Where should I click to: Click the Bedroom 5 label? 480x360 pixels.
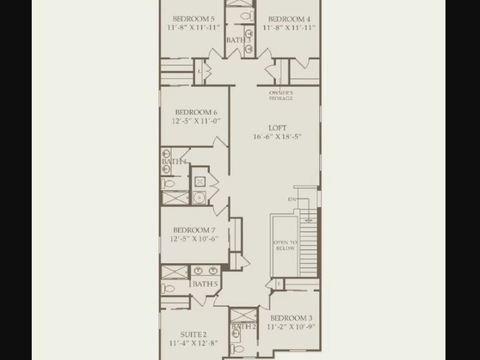[x=193, y=19]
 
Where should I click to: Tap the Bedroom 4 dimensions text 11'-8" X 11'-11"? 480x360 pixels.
[x=289, y=28]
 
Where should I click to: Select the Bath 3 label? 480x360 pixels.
[x=238, y=40]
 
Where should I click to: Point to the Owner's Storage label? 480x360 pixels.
[x=281, y=95]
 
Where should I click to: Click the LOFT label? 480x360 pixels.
[x=278, y=128]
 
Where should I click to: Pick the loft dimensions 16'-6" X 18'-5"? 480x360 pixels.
[x=277, y=137]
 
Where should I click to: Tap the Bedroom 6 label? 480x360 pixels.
[x=196, y=112]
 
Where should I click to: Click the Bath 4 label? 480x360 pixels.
[x=174, y=161]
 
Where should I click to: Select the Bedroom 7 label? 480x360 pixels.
[x=194, y=230]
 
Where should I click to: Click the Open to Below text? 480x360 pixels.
[x=285, y=245]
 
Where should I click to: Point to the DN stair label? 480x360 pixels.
[x=292, y=200]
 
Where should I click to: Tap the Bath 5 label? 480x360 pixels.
[x=205, y=284]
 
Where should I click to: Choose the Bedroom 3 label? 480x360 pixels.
[x=291, y=318]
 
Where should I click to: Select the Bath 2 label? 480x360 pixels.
[x=244, y=326]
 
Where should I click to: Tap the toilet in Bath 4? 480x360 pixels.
[x=168, y=184]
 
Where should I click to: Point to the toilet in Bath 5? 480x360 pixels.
[x=168, y=289]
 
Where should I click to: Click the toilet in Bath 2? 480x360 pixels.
[x=237, y=349]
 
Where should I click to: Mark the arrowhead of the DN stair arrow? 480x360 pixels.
[x=309, y=220]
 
